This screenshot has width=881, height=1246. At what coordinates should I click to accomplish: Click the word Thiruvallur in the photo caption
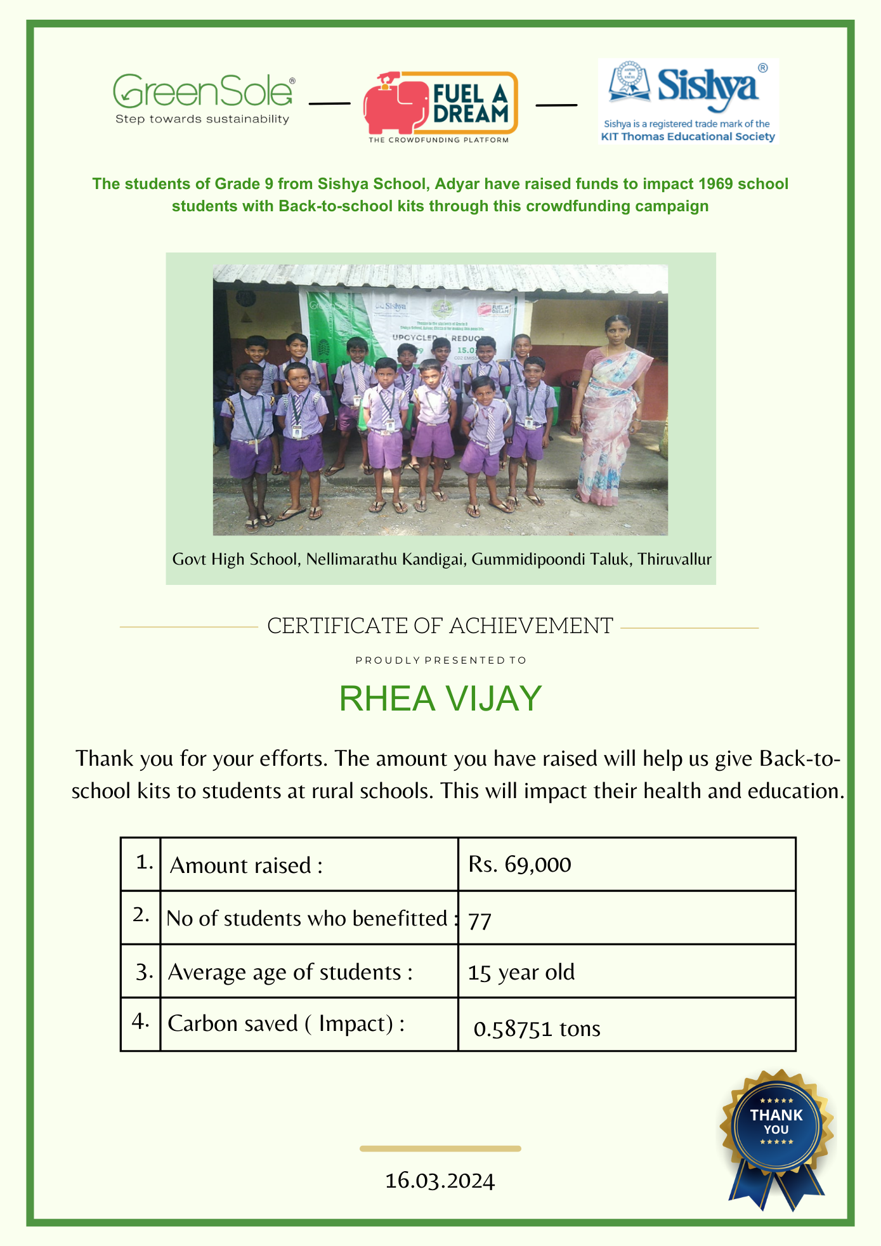coord(674,560)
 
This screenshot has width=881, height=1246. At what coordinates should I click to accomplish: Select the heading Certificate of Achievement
coord(440,626)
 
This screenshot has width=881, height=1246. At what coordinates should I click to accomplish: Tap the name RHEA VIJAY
coord(440,698)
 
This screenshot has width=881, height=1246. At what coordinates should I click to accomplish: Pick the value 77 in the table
coord(480,921)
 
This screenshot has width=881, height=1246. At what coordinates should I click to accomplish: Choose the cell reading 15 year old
coord(521,973)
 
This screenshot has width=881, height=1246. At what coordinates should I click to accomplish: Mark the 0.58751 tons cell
coord(537,1028)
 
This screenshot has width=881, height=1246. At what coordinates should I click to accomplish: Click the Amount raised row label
coord(246,865)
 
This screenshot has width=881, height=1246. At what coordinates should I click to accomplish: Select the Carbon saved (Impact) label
coord(286,1023)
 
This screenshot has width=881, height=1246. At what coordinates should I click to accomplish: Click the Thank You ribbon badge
coord(776,1133)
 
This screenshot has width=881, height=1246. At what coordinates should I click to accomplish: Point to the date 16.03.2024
coord(440,1181)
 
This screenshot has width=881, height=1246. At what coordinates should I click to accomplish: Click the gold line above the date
coord(440,1149)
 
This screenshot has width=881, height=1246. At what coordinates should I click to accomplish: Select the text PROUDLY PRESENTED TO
coord(441,660)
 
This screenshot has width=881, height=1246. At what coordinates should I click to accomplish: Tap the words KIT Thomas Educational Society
coord(688,136)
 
